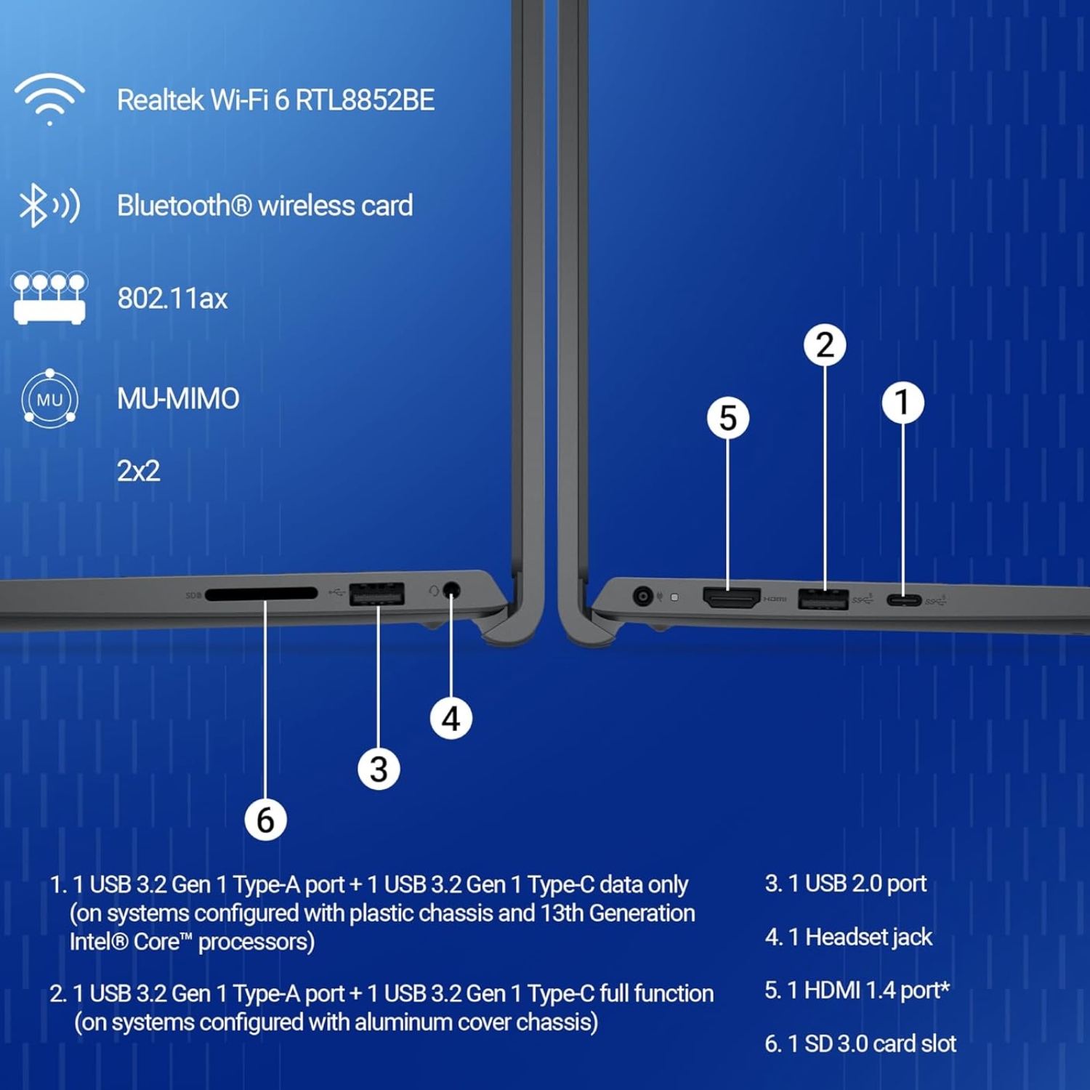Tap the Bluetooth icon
tap(49, 205)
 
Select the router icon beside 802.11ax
tap(49, 298)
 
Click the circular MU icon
tap(49, 398)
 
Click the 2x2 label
tap(138, 471)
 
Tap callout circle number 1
tap(903, 403)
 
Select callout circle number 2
tap(825, 344)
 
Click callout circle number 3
tap(379, 769)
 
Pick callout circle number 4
tap(451, 719)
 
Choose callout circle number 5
tap(728, 418)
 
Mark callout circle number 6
tap(265, 820)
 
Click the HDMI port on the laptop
tap(732, 597)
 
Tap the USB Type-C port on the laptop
tap(904, 600)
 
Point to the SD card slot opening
tap(262, 594)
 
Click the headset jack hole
tap(451, 590)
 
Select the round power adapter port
tap(642, 597)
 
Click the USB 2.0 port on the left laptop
tap(377, 594)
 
